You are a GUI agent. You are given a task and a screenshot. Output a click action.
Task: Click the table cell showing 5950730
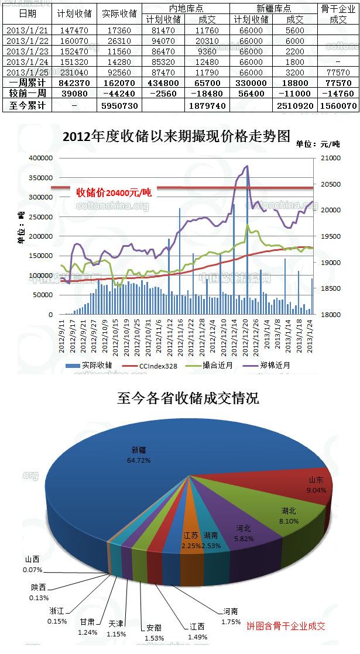[x=119, y=105]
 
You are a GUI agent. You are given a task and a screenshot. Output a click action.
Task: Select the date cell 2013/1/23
[x=27, y=51]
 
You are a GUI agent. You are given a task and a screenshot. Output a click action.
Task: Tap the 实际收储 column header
[x=119, y=13]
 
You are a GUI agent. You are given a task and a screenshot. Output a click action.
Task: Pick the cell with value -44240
[x=119, y=94]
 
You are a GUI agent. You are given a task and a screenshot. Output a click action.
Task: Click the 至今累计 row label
[x=27, y=105]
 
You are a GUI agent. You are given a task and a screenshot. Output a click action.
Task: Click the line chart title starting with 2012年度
[x=176, y=136]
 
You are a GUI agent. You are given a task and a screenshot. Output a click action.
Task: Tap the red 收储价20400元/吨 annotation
[x=114, y=192]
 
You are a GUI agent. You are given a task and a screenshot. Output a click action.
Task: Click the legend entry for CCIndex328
[x=157, y=365]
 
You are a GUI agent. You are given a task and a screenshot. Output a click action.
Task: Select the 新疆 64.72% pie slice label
[x=141, y=455]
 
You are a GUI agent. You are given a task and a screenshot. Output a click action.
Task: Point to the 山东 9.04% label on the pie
[x=317, y=485]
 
